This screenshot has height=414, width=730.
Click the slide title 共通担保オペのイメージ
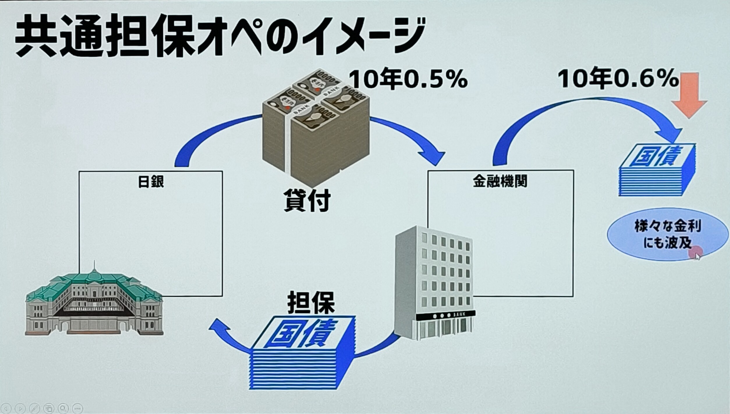pyautogui.click(x=220, y=36)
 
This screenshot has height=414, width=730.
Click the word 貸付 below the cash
pyautogui.click(x=307, y=201)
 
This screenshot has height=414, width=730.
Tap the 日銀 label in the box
pyautogui.click(x=151, y=182)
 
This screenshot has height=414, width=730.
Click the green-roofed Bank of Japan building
pyautogui.click(x=94, y=303)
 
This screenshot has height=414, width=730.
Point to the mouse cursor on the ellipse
pyautogui.click(x=697, y=256)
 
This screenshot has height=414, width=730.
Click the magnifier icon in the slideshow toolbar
pyautogui.click(x=63, y=408)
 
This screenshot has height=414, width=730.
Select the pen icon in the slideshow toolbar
pyautogui.click(x=34, y=408)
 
